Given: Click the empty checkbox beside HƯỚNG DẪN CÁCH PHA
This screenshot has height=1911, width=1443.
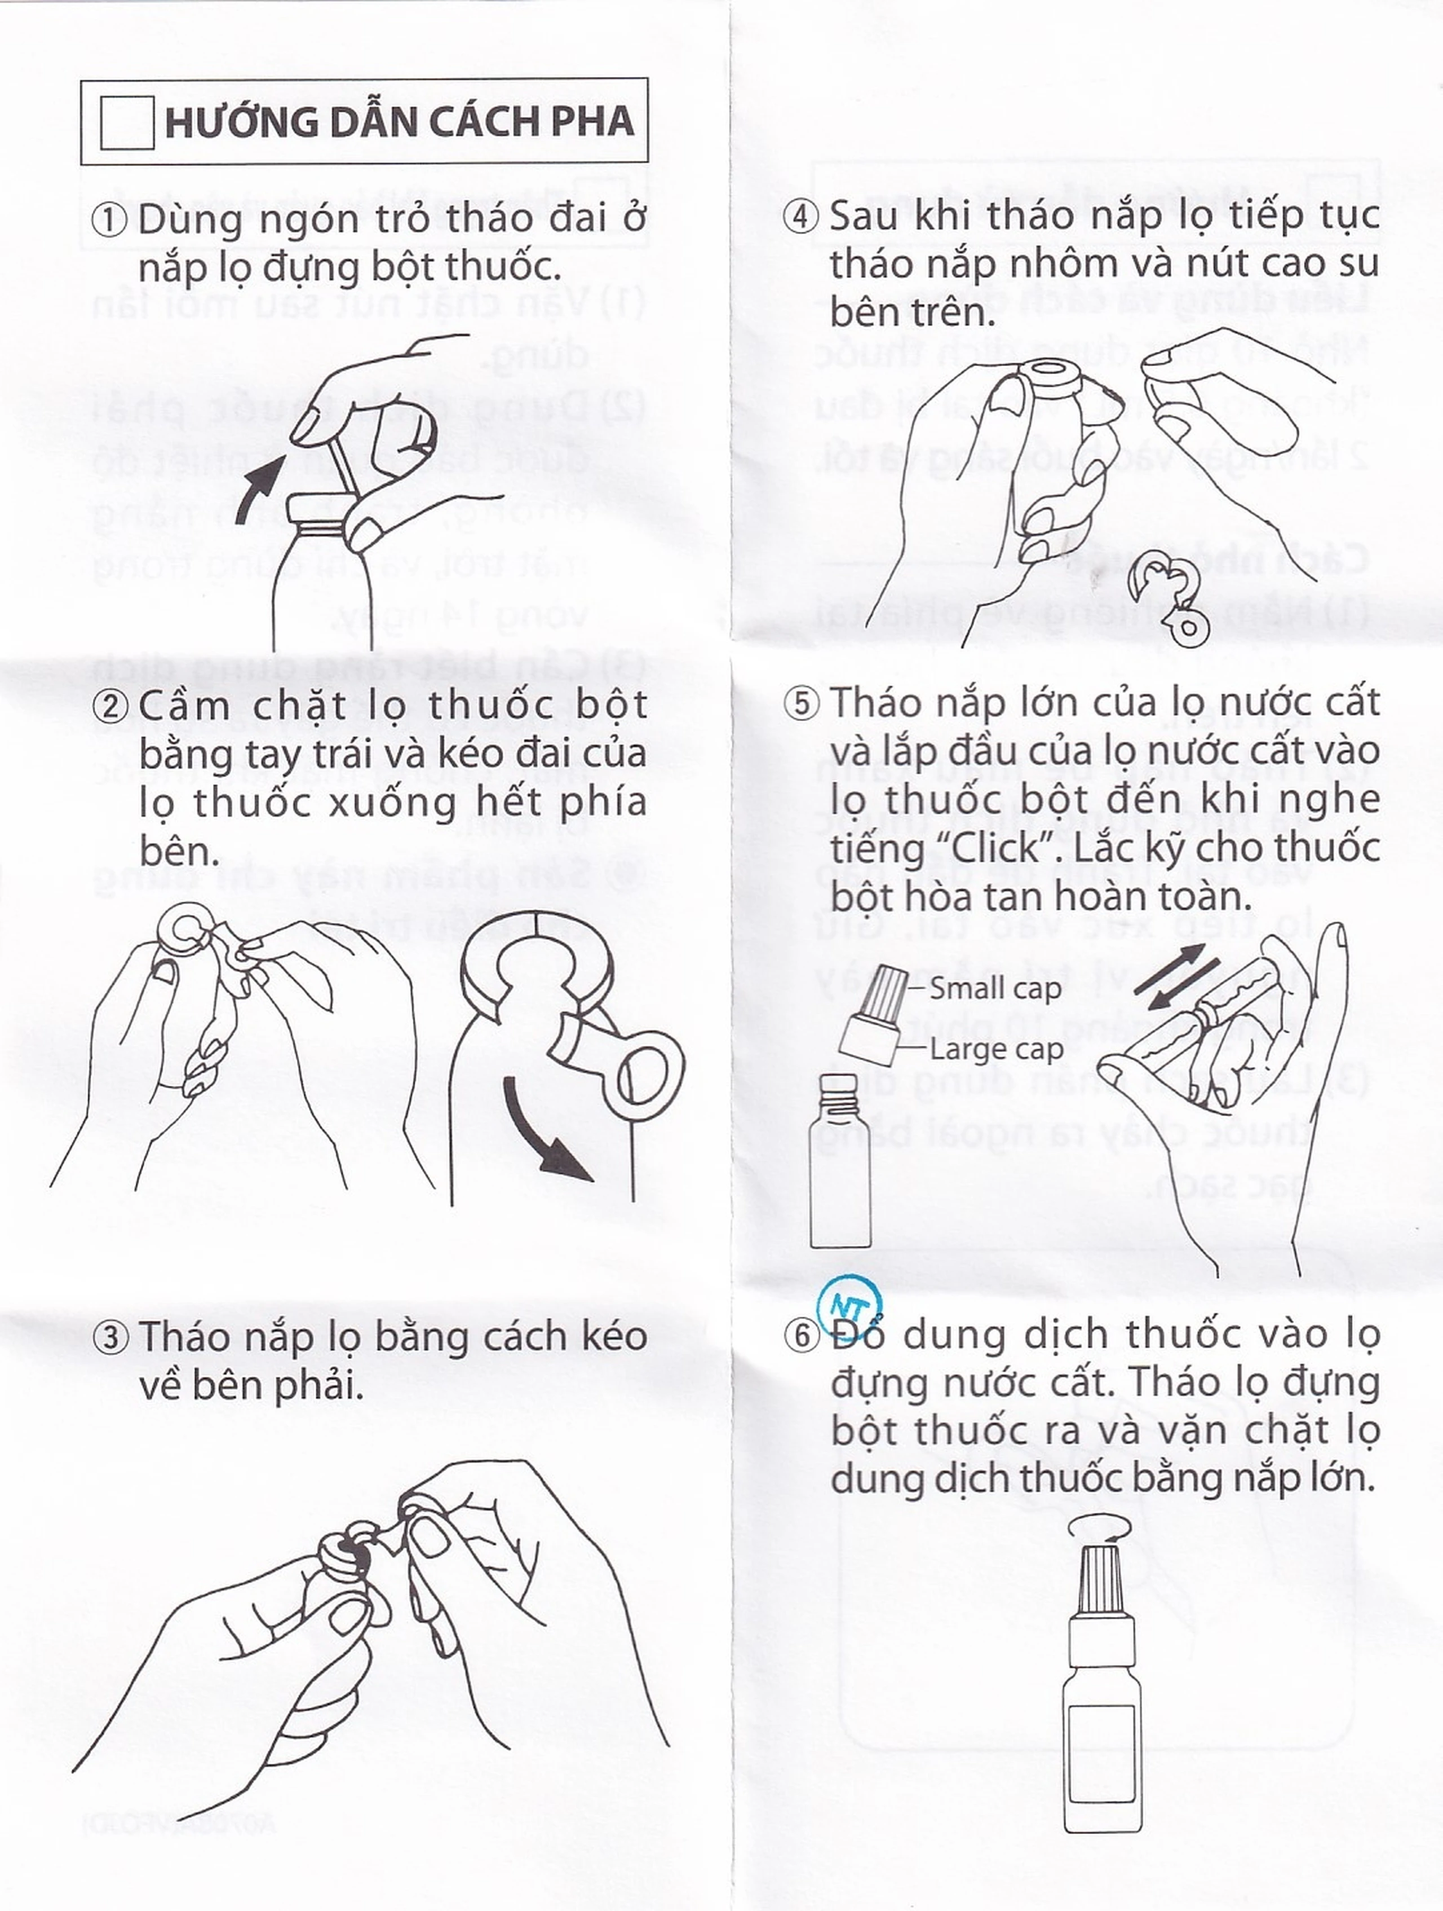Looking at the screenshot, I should [127, 122].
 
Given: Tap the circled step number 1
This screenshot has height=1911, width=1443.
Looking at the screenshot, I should [110, 219].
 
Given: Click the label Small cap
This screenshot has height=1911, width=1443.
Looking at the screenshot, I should [995, 988].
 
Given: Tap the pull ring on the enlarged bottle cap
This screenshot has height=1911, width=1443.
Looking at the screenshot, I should [643, 1071].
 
